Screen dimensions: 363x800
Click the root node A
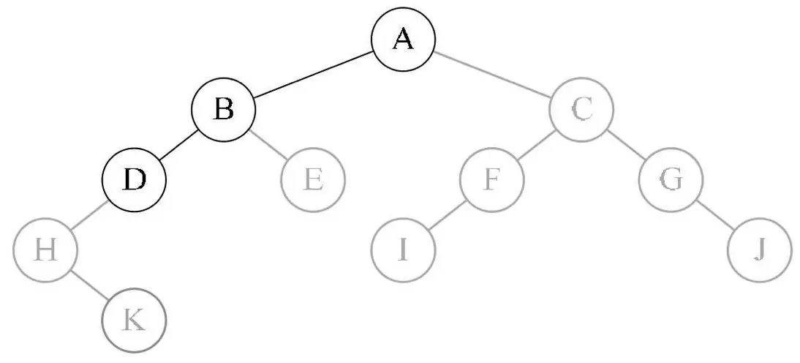(403, 39)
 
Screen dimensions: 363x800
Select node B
(224, 110)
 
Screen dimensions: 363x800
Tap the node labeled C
(582, 110)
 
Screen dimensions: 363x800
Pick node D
(134, 179)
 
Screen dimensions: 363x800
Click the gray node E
(313, 179)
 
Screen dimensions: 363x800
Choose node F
(492, 179)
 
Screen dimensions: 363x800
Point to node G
(671, 179)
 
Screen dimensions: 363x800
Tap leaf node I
(403, 250)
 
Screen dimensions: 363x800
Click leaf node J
(760, 250)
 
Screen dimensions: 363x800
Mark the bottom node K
(134, 321)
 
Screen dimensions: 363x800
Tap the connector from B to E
(268, 144)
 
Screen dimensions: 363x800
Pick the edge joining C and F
(537, 144)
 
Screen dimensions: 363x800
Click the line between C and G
(627, 144)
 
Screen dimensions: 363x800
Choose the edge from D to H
(89, 215)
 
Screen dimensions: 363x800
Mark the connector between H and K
(89, 285)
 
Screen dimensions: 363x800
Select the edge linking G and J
(715, 215)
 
